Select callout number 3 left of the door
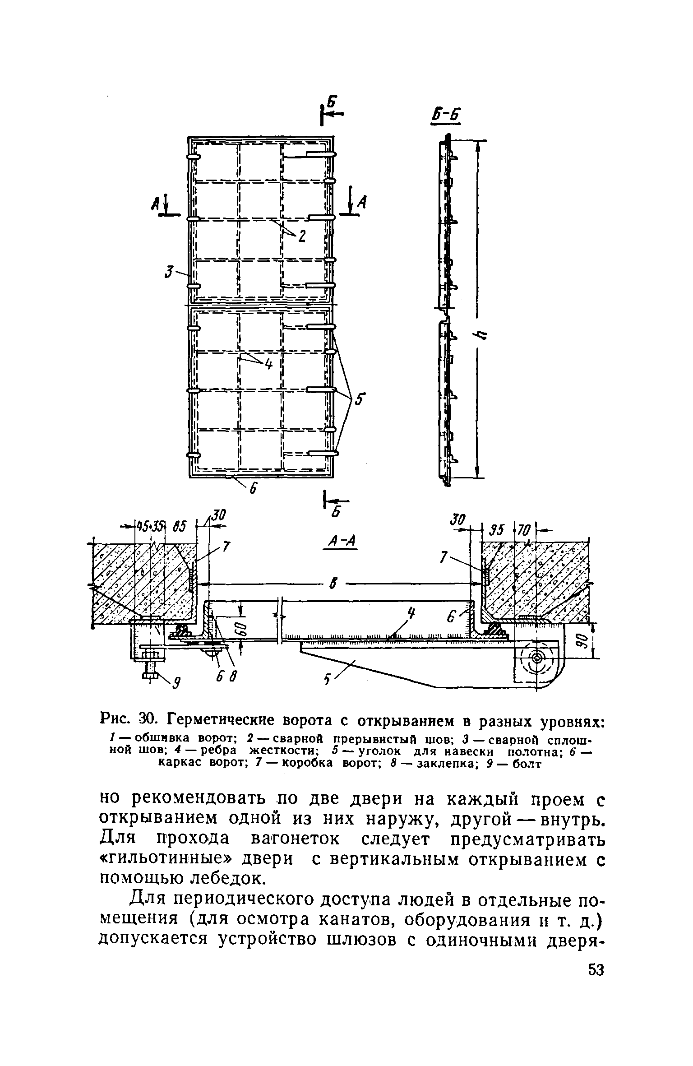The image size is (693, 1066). coord(170,272)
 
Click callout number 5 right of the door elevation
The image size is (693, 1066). coord(361,400)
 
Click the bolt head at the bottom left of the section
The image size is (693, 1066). coord(150,676)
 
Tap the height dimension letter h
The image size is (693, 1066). coord(481,334)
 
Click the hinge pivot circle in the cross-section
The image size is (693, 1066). coord(536,657)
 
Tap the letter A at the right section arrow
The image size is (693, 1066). coord(361,204)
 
